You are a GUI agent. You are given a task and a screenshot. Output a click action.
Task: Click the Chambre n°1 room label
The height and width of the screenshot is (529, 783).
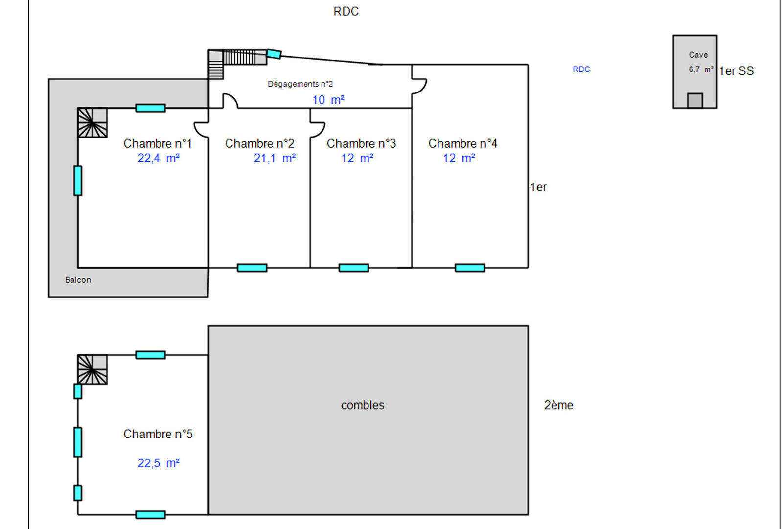point(157,143)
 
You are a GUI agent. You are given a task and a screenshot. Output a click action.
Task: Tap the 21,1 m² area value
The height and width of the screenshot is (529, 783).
point(275,158)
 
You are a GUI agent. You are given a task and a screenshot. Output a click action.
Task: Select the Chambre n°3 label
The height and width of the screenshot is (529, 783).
point(361,143)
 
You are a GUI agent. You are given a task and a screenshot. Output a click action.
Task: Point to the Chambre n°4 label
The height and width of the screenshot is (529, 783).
point(462,143)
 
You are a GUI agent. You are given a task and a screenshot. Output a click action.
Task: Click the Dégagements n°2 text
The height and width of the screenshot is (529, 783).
point(300,84)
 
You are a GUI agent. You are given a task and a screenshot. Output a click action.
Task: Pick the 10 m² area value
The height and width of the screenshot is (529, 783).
point(328,100)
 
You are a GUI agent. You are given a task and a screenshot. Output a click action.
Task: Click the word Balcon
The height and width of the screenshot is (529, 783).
point(78,280)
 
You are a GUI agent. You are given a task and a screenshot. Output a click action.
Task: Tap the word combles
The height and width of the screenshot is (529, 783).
point(363,405)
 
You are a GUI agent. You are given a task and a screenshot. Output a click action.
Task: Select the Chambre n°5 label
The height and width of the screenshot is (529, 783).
point(158,434)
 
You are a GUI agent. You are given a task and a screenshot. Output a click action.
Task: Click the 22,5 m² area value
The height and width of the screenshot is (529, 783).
point(158,463)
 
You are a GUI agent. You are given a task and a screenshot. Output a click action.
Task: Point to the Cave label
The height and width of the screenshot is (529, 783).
point(698,55)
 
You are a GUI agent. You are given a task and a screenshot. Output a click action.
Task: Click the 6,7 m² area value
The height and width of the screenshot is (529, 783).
point(700,69)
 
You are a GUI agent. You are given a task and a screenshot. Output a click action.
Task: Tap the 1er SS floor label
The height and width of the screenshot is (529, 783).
point(736,71)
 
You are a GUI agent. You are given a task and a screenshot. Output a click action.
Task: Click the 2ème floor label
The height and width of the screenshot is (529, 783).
point(558,405)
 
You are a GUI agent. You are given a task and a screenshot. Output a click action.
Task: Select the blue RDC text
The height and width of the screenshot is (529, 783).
point(581,69)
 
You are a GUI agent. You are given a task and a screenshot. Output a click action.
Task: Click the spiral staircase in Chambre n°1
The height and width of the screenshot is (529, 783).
point(92,123)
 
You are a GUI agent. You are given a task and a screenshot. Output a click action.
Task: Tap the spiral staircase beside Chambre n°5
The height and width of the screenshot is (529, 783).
point(92,369)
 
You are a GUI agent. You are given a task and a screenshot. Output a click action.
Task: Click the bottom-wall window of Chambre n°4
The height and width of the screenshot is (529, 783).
point(469,268)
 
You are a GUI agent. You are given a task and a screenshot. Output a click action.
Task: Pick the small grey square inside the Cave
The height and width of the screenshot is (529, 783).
point(694,100)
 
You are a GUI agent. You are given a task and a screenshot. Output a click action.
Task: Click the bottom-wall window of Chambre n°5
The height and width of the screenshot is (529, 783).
point(150,515)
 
